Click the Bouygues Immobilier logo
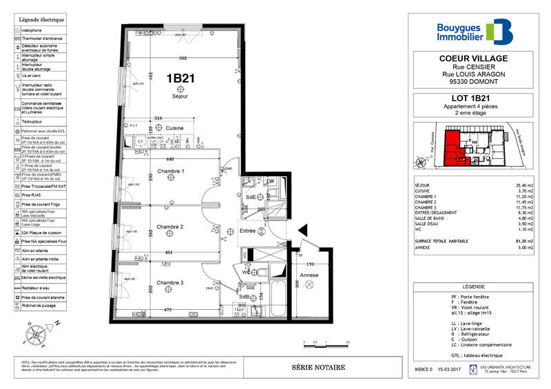click(x=475, y=31)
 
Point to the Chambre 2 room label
click(x=169, y=227)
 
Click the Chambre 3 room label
click(x=169, y=283)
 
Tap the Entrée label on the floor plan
click(x=247, y=232)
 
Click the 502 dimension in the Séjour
click(x=183, y=58)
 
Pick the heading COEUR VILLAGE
click(x=474, y=59)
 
